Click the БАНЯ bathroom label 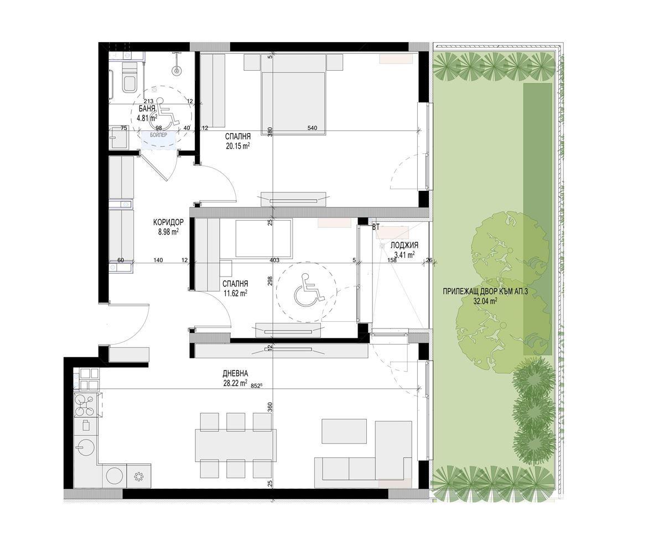coord(147,108)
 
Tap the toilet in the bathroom coord(129,78)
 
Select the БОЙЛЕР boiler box coord(159,139)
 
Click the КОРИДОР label coord(169,222)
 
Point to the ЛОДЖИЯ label coord(404,245)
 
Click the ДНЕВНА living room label coord(235,373)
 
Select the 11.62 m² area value coord(236,293)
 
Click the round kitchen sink coord(85,447)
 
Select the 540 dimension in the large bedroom coord(312,128)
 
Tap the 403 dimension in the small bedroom coord(274,260)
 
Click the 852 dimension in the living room coord(257,386)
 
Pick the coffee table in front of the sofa coord(344,431)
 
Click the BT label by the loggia coord(376,227)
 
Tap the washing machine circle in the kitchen coord(115,476)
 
